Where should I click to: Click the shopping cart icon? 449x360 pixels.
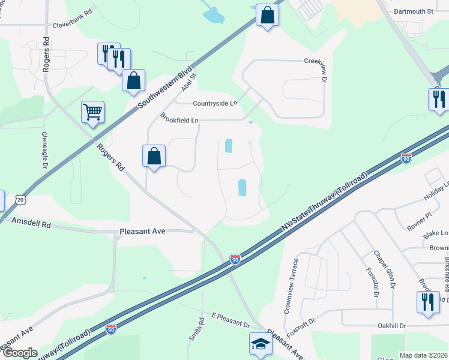pos(93,112)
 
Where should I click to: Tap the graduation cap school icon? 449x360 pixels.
pos(260,344)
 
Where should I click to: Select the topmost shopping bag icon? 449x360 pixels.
pos(267,15)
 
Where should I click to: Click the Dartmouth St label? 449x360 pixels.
pos(414,11)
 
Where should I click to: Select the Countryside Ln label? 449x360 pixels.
pos(215,103)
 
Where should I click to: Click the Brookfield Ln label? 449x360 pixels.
pos(179,119)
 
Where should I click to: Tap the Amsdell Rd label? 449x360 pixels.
pos(31,223)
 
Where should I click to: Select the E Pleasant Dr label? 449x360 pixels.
pos(226,320)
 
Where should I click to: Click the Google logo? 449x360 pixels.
pos(19,353)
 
